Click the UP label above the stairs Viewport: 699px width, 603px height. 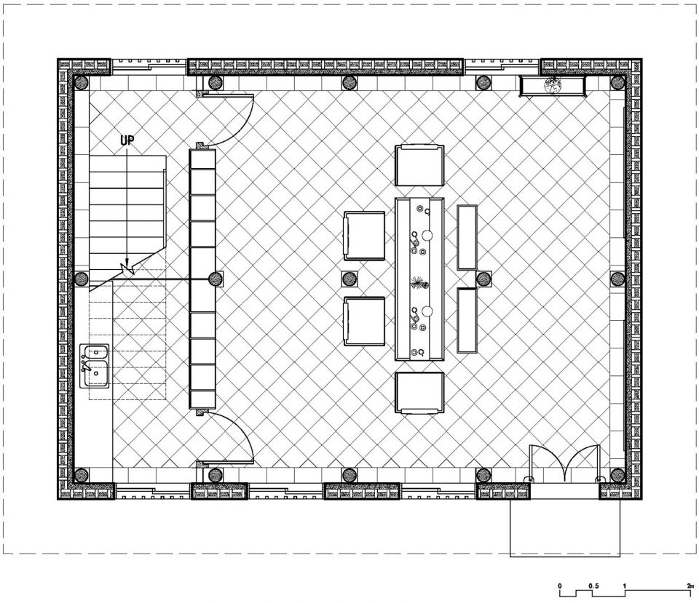[x=127, y=140]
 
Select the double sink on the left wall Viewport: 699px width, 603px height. [x=95, y=366]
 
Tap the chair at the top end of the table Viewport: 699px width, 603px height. [x=419, y=165]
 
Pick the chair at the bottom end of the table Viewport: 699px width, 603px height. [x=419, y=393]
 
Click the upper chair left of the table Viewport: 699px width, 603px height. [x=364, y=236]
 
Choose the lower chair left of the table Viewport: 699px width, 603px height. [x=364, y=321]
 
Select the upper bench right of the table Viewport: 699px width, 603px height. [x=467, y=237]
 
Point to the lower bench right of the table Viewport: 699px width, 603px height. [x=467, y=320]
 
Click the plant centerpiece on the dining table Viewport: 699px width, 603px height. [x=419, y=283]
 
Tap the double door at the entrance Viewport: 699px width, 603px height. [x=564, y=463]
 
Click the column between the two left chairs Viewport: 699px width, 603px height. [x=350, y=279]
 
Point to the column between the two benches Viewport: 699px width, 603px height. [x=483, y=279]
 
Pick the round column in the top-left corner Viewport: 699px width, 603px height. [x=81, y=82]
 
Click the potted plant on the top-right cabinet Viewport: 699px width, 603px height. [x=552, y=85]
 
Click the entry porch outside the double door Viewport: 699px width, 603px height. [x=565, y=528]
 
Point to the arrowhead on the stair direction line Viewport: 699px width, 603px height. [x=127, y=263]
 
